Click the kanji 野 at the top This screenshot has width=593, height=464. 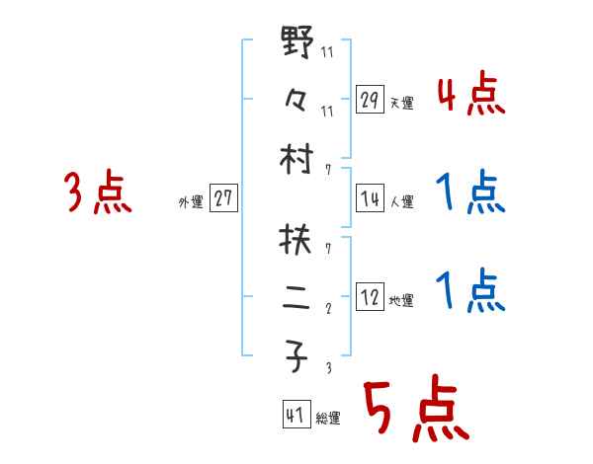click(297, 43)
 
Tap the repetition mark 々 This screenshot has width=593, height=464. click(297, 99)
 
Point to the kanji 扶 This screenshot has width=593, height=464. click(297, 238)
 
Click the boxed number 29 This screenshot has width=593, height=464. click(370, 99)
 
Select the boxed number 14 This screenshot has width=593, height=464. click(370, 197)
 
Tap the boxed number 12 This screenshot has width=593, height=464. click(370, 296)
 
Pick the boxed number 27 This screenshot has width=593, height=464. click(223, 197)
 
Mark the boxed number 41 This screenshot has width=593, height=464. click(295, 416)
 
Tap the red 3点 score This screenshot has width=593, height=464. click(98, 193)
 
